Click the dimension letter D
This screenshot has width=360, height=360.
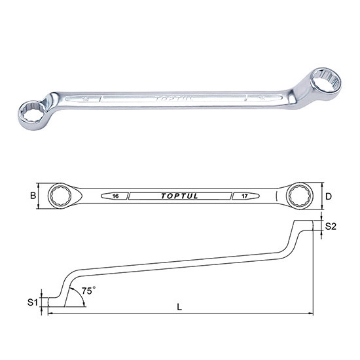[x=329, y=195]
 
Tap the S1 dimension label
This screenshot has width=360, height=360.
[x=31, y=302]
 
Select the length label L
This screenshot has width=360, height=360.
[x=179, y=306]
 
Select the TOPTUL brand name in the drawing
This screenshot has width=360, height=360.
[x=179, y=195]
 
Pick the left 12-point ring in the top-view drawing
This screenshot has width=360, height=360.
[x=62, y=195]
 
